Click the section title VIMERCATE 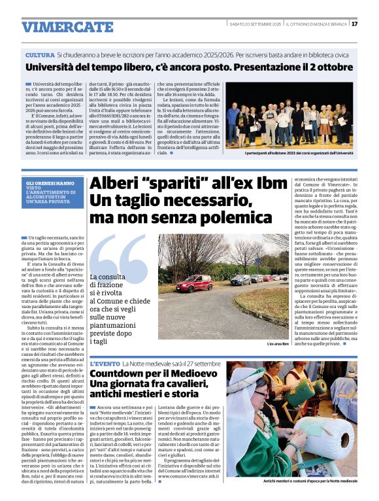click(67, 27)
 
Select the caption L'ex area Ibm click(278, 343)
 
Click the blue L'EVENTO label click(105, 363)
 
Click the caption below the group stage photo click(299, 152)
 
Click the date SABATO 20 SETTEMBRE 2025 click(255, 24)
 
